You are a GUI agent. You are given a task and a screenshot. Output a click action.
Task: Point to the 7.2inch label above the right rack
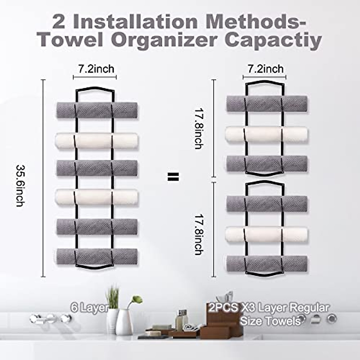[x=265, y=69]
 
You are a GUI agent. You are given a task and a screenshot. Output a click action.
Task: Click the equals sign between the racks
[x=173, y=177]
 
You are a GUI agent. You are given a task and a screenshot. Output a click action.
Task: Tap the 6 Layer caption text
[x=89, y=308]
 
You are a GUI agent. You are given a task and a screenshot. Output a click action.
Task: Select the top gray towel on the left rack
[x=97, y=110]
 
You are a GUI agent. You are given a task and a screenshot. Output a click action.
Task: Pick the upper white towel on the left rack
[x=97, y=140]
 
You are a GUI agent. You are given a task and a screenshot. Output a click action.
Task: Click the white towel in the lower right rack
[x=267, y=234]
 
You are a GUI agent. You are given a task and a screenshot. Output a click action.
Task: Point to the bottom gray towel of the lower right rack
[x=267, y=263]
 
